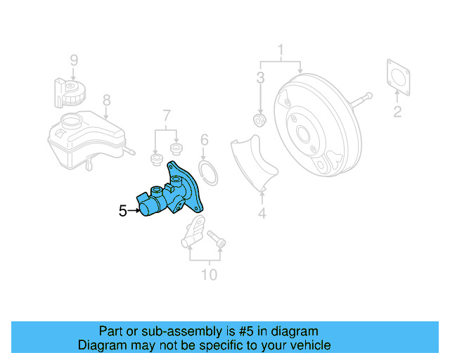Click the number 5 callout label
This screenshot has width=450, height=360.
pyautogui.click(x=122, y=210)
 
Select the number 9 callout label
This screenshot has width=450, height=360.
pyautogui.click(x=73, y=60)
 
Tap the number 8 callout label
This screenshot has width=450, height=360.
pyautogui.click(x=106, y=100)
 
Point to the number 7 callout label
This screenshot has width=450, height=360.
pyautogui.click(x=167, y=115)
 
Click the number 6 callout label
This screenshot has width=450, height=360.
pyautogui.click(x=205, y=140)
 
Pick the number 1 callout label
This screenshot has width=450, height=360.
pyautogui.click(x=281, y=50)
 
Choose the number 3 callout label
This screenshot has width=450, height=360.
pyautogui.click(x=260, y=77)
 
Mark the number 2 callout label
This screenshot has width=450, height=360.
pyautogui.click(x=397, y=112)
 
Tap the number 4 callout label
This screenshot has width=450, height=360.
pyautogui.click(x=262, y=212)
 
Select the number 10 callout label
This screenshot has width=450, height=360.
pyautogui.click(x=210, y=274)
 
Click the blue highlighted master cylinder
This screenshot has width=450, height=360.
pyautogui.click(x=172, y=194)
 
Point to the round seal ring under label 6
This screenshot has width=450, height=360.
pyautogui.click(x=207, y=171)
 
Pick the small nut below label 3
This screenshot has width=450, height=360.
pyautogui.click(x=259, y=122)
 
